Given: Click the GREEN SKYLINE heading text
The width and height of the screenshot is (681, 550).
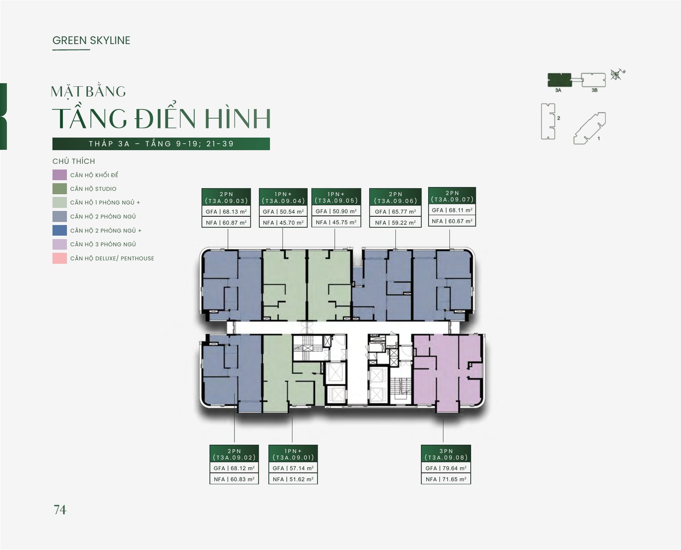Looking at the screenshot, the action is tap(91, 40).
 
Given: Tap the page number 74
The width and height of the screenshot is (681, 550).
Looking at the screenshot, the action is tap(60, 510).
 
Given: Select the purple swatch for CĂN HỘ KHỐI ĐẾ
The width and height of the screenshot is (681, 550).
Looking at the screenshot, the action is tap(60, 175).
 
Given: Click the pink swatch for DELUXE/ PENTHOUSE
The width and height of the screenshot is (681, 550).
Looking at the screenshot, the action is tap(60, 258).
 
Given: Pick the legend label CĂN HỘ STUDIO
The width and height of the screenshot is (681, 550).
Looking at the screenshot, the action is tap(93, 189).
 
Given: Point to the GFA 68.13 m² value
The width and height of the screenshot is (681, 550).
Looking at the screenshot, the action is tap(226, 212).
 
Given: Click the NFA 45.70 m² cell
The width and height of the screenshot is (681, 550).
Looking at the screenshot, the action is tap(283, 222).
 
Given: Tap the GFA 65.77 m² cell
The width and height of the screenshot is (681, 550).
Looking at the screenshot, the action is tap(395, 212).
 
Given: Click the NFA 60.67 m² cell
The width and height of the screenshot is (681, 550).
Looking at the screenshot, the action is tap(452, 221).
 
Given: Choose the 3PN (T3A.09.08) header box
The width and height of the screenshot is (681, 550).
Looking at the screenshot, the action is tap(446, 454).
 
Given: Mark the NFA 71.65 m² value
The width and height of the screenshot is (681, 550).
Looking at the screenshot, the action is tap(446, 479).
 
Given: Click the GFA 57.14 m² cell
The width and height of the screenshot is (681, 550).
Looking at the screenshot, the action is tap(293, 468).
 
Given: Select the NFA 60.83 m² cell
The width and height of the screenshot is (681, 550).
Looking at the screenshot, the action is tap(234, 479).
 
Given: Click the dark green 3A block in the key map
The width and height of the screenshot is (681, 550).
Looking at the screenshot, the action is tap(559, 80).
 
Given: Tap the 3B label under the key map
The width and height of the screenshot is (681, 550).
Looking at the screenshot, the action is tap(594, 91).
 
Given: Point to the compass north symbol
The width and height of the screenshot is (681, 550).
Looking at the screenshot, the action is tap(617, 74).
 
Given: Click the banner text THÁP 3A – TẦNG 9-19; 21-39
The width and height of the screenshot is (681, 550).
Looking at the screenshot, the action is tap(161, 144).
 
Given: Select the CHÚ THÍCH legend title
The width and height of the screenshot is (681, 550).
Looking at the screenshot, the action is tap(74, 161).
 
